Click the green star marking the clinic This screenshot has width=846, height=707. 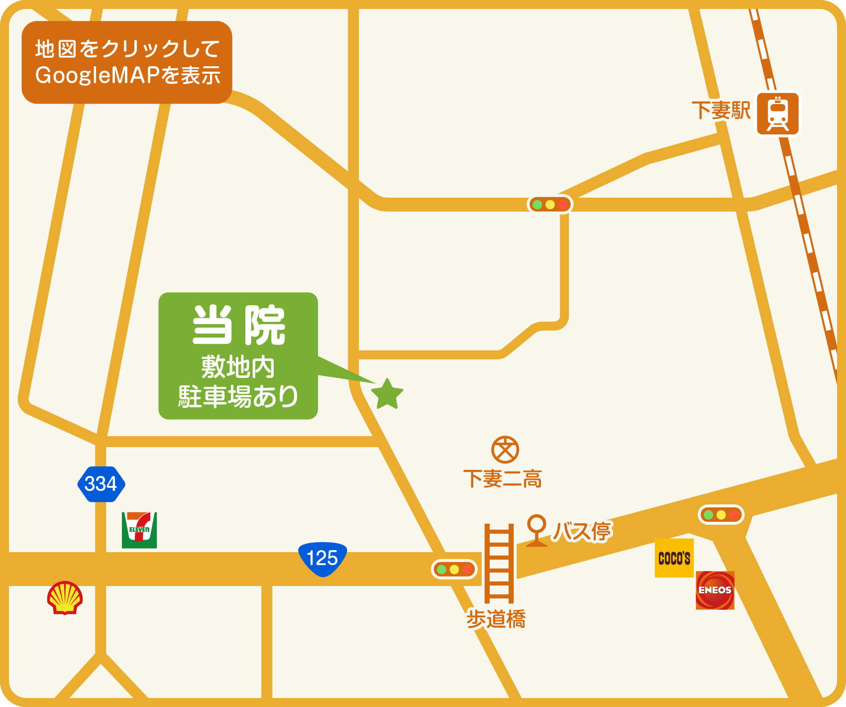[x=387, y=394]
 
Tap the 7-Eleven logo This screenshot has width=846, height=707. [x=139, y=530]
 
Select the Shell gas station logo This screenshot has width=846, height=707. [x=65, y=597]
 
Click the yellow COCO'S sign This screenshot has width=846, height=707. [x=674, y=558]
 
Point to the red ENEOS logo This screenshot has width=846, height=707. [x=715, y=590]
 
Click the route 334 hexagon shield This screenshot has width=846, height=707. [x=101, y=484]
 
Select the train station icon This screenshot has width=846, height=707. [x=777, y=114]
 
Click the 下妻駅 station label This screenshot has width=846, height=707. [x=721, y=111]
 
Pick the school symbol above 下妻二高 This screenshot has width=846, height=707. [x=505, y=450]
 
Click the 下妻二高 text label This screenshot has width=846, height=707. [x=503, y=479]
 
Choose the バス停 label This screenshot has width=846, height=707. [x=582, y=532]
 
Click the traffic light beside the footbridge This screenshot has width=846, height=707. [x=454, y=569]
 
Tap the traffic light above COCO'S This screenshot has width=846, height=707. [x=721, y=515]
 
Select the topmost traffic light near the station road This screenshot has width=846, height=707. [x=550, y=205]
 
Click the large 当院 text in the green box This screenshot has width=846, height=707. [x=239, y=326]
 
